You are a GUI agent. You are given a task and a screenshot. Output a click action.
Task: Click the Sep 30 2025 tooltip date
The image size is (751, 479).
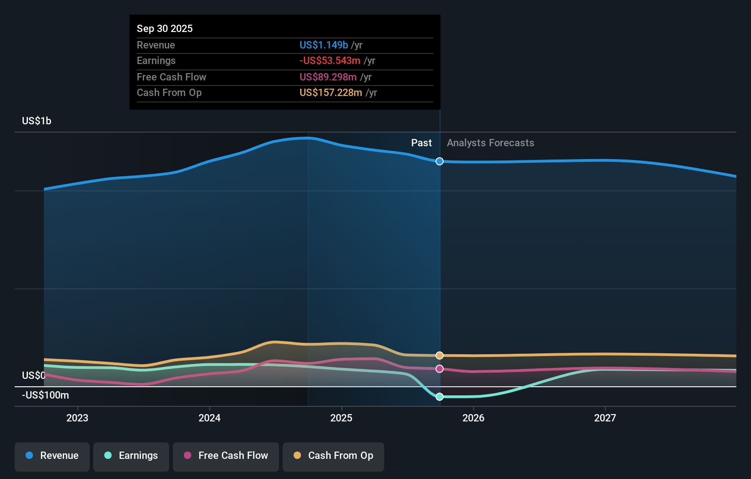(x=165, y=28)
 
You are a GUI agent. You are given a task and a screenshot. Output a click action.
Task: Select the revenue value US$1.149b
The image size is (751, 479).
(x=323, y=45)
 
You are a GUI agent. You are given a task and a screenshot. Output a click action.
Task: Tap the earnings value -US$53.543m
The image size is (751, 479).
(x=330, y=60)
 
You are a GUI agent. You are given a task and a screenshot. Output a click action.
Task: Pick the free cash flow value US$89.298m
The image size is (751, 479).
(x=328, y=77)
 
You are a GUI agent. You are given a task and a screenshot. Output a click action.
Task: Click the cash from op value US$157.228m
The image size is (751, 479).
(x=331, y=92)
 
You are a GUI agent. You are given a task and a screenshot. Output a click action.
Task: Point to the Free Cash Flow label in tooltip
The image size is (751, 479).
(x=172, y=77)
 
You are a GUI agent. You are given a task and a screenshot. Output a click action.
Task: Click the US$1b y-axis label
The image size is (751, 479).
(x=37, y=121)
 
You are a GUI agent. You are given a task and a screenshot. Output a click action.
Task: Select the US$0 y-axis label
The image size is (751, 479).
(x=33, y=375)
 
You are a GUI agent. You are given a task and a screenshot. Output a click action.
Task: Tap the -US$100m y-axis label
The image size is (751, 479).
(x=45, y=395)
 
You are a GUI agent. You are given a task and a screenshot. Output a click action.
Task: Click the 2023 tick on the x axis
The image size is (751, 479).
(x=77, y=418)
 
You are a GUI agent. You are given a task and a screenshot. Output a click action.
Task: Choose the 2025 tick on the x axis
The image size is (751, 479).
(x=341, y=418)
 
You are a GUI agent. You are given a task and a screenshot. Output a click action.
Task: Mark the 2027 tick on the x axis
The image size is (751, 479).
(x=605, y=418)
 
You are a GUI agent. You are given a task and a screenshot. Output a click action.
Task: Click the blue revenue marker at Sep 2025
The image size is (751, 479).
(x=440, y=161)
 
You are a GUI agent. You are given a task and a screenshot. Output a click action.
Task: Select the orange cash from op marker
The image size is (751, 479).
(x=440, y=356)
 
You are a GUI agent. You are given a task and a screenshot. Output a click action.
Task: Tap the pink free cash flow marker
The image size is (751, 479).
(x=440, y=369)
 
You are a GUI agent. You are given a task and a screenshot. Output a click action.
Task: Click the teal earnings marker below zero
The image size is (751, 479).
(x=440, y=397)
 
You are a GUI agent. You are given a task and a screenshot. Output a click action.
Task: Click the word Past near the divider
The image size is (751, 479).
(x=421, y=143)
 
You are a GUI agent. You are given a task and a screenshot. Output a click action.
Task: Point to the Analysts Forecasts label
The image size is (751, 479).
(x=490, y=143)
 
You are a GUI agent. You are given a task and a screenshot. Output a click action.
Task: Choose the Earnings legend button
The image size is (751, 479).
(x=131, y=456)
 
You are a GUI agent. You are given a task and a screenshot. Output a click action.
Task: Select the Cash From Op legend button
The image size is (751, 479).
(x=333, y=456)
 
